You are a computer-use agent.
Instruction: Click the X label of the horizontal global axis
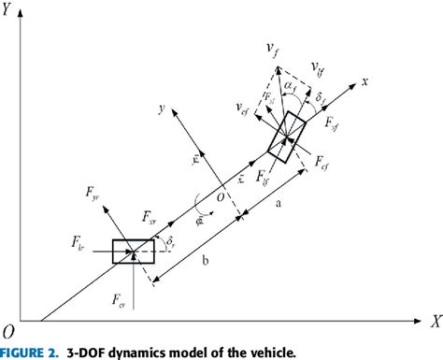click(434, 320)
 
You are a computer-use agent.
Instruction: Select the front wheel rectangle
click(287, 134)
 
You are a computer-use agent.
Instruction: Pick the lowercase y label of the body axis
click(164, 108)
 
